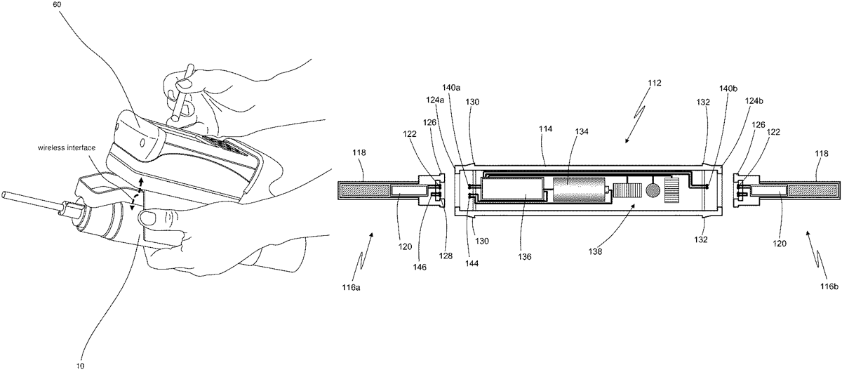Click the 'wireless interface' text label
point(67,148)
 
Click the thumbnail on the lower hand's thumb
point(149,218)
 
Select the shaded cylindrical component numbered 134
point(580,190)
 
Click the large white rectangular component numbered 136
point(514,190)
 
